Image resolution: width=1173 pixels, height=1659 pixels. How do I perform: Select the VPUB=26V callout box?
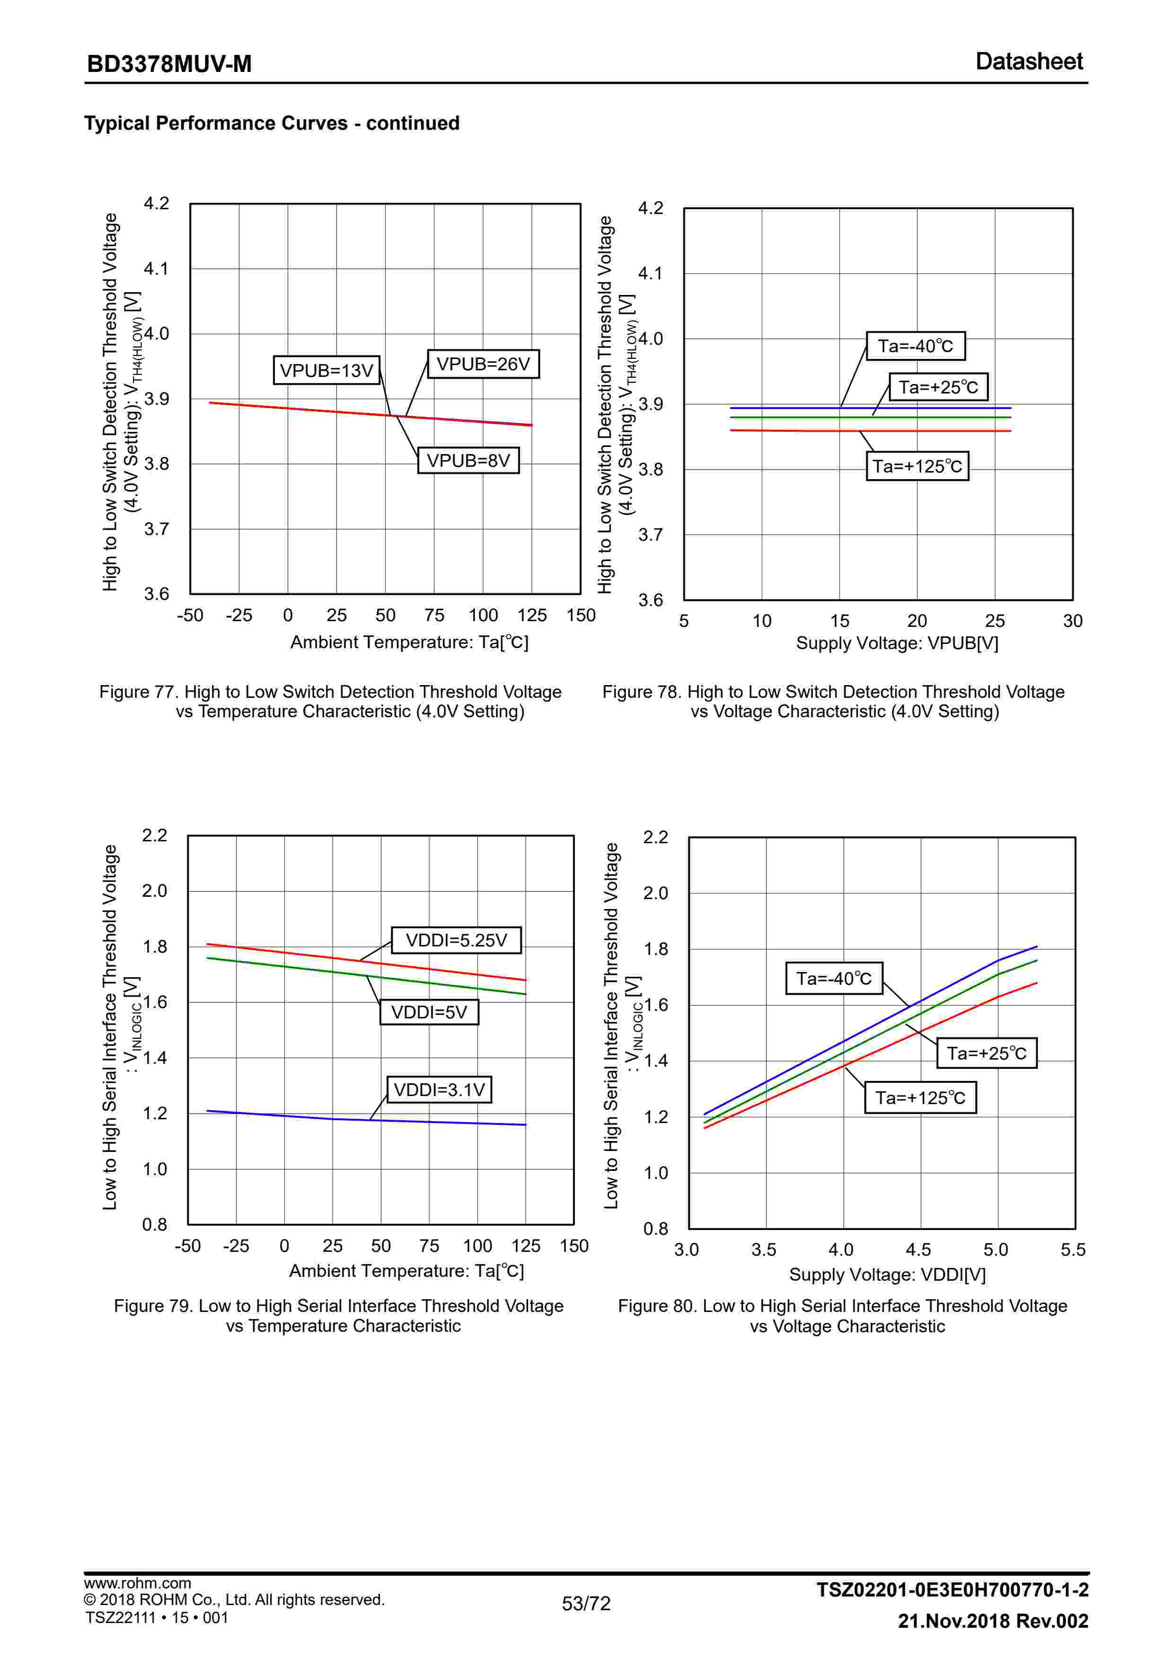[x=483, y=364]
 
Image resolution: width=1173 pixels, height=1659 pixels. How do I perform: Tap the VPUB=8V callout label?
[x=468, y=460]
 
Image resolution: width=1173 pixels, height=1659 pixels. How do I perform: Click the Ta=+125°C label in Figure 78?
[x=917, y=466]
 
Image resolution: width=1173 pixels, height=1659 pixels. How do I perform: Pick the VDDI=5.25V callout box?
[x=456, y=940]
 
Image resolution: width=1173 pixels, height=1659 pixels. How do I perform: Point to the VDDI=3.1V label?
[x=439, y=1089]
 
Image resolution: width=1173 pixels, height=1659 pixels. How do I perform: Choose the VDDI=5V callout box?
[x=429, y=1012]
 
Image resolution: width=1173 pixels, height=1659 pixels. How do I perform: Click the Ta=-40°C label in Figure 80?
[x=834, y=978]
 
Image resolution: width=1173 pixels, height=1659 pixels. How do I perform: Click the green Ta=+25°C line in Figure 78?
[x=794, y=417]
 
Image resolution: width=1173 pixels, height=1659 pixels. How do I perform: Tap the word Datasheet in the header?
[x=1029, y=62]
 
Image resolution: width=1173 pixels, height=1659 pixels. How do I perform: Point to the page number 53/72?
[x=586, y=1603]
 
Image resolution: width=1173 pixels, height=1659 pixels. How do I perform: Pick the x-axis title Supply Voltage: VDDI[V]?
[x=887, y=1275]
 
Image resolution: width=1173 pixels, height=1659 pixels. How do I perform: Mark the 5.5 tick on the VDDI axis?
[x=1073, y=1250]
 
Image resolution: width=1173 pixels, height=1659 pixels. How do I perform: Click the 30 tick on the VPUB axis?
[x=1073, y=621]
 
